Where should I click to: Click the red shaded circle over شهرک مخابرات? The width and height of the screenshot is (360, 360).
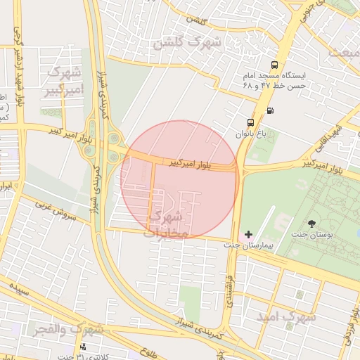coord(179,180)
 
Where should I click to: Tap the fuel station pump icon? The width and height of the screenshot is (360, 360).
coord(271,110)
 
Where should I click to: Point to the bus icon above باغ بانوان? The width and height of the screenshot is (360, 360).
coord(252,121)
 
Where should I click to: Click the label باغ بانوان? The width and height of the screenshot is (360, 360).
coord(252,133)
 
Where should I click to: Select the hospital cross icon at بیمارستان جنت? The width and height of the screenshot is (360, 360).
coord(248,233)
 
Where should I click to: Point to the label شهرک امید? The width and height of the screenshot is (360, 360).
coord(286,318)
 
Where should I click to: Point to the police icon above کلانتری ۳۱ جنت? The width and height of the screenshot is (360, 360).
coord(84,347)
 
